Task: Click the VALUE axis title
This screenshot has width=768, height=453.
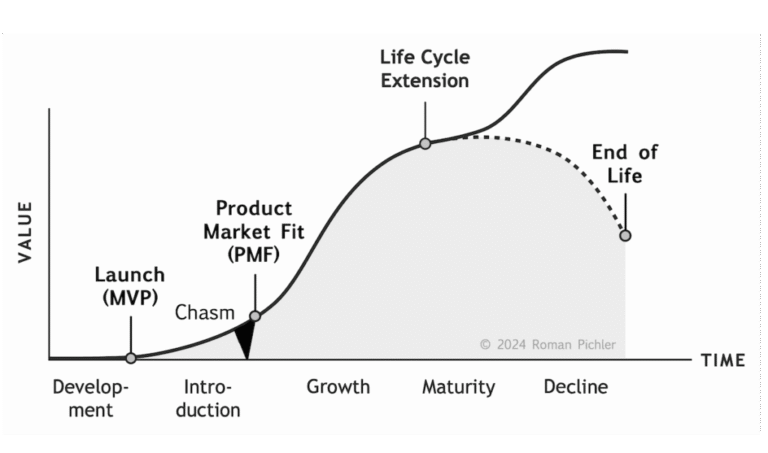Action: point(26,232)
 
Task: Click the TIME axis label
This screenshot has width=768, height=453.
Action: point(722,360)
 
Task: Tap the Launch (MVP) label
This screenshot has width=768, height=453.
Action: point(129,284)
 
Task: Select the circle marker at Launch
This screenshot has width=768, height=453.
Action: point(130,357)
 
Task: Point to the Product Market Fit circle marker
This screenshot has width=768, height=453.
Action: point(254,316)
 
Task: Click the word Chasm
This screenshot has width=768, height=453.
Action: point(204,312)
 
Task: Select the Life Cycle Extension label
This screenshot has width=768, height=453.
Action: point(425,69)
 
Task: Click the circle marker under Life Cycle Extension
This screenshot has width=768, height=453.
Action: point(425,144)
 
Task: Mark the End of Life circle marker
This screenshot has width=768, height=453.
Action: point(625,235)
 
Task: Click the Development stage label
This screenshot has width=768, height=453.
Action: point(91,398)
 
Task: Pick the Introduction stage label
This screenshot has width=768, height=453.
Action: point(212,398)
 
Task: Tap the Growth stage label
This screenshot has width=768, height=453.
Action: point(338,387)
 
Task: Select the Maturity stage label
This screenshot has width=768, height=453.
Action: point(458,387)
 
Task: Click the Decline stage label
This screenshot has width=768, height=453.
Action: point(575,387)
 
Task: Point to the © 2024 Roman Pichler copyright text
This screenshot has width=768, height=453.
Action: point(547,345)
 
